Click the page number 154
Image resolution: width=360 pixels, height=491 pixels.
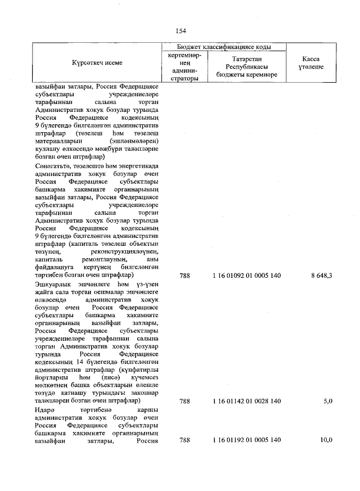(x=181, y=30)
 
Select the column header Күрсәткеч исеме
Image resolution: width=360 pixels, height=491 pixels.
(x=97, y=63)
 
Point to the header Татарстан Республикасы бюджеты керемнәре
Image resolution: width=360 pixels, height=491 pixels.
(x=247, y=67)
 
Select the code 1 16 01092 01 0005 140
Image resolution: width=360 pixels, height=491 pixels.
(x=246, y=276)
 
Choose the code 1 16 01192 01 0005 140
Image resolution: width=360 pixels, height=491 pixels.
(x=246, y=440)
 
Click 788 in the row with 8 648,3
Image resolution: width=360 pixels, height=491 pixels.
(x=184, y=276)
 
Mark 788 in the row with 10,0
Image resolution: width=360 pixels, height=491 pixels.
(x=184, y=440)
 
